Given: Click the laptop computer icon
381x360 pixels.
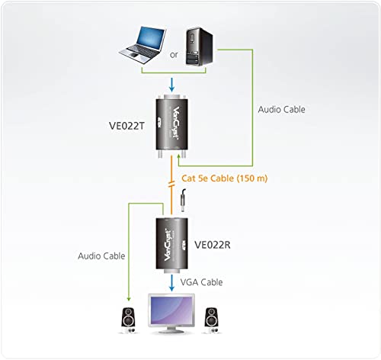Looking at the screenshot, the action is tap(142, 45).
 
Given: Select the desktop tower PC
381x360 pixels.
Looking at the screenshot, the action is tap(199, 47).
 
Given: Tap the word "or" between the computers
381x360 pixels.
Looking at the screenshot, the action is tap(174, 55).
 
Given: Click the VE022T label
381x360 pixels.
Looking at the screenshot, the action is tap(126, 126).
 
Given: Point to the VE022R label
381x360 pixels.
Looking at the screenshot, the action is tap(213, 245).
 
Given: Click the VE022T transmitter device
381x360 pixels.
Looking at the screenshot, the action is tap(171, 127).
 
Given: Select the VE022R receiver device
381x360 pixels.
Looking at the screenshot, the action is tap(172, 246).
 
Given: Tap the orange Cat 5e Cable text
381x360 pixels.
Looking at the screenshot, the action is tap(225, 178).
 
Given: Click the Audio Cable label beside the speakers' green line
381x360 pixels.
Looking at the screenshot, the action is tap(101, 256).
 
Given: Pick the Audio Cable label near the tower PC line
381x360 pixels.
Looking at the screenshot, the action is tap(281, 109).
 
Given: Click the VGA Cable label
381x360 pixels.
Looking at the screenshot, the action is tap(201, 282).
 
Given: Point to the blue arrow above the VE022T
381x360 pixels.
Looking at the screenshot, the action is tap(171, 85).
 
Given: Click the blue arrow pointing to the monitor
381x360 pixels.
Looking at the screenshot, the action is tap(171, 283).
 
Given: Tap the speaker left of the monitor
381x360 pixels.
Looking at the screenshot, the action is tap(128, 320).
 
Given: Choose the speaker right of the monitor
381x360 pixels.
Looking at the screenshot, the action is tap(211, 320).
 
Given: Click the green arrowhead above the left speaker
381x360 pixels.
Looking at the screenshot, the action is tap(129, 298).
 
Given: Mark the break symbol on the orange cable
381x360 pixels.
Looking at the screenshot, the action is tap(171, 185).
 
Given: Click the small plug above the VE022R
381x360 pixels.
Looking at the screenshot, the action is tap(183, 201).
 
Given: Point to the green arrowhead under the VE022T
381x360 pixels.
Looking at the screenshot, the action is tap(179, 156).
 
